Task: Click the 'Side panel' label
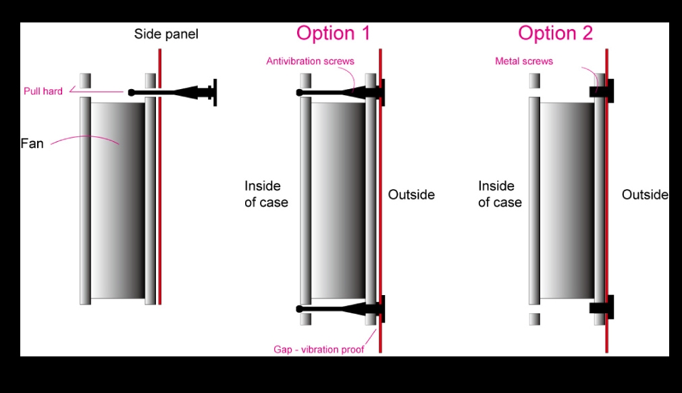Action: click(x=166, y=34)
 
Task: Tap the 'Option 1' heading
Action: click(x=334, y=33)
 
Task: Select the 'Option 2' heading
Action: click(x=555, y=33)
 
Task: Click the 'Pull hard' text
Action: click(x=43, y=91)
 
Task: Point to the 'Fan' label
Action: click(x=32, y=143)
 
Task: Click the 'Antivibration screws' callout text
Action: click(x=310, y=61)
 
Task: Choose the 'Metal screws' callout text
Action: click(x=524, y=61)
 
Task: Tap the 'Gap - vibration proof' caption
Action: click(x=319, y=349)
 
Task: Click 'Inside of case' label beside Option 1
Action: click(x=265, y=194)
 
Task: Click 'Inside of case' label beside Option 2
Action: click(x=500, y=194)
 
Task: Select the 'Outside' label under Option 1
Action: click(x=411, y=194)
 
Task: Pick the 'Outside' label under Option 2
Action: click(x=645, y=194)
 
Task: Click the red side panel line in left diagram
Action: click(x=160, y=203)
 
